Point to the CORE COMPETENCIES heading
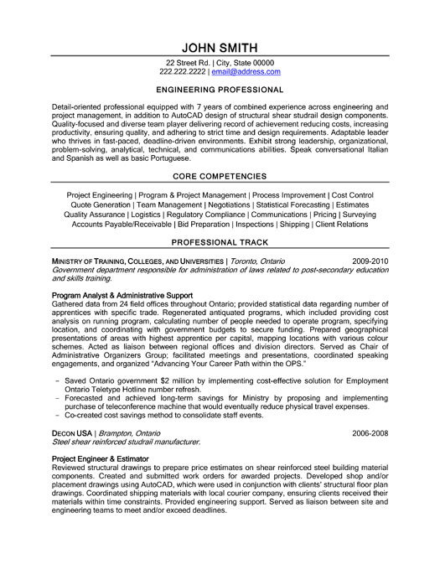219,177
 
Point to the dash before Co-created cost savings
55,414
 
